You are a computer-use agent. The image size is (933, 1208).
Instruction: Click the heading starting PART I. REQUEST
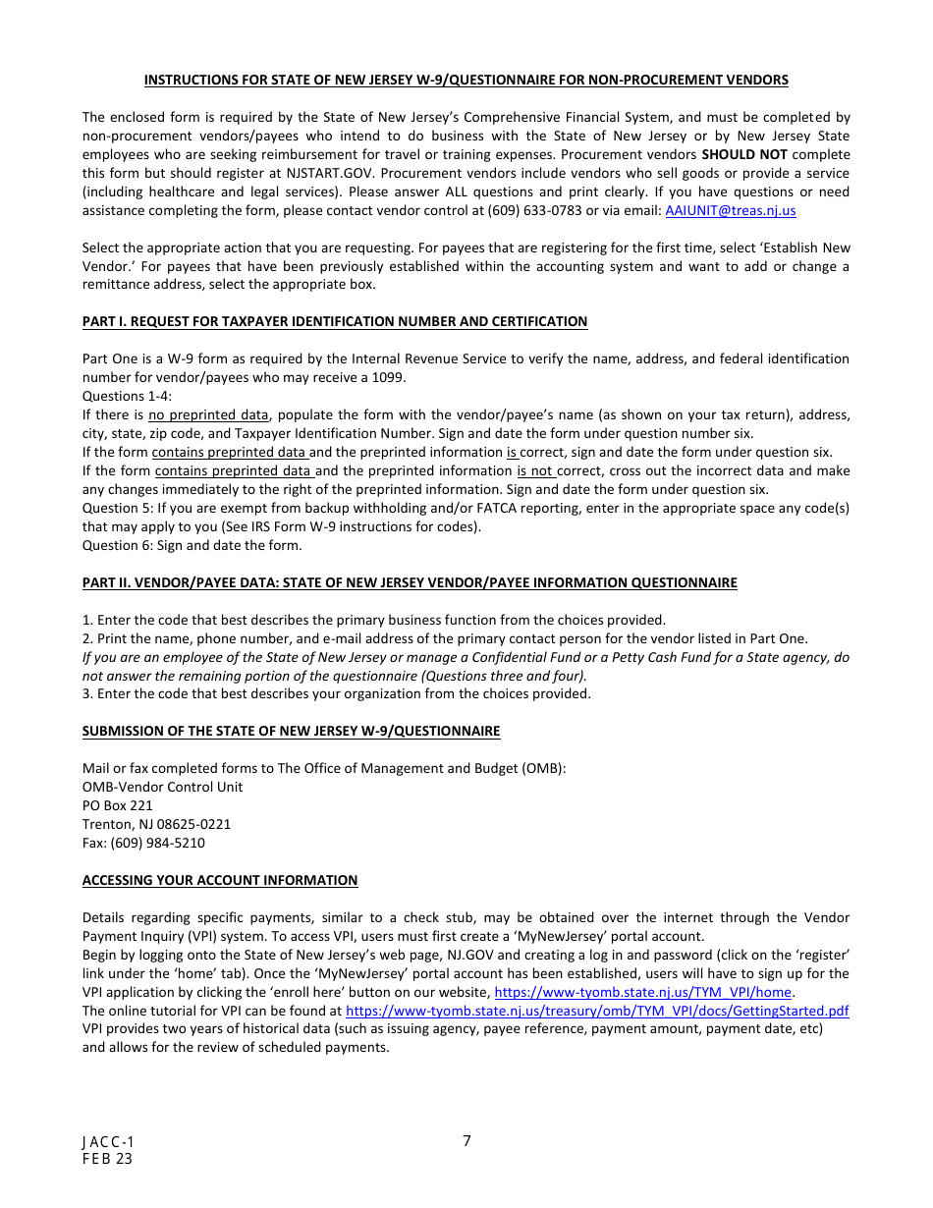pyautogui.click(x=335, y=321)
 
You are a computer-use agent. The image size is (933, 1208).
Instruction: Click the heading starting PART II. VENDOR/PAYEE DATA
pyautogui.click(x=410, y=582)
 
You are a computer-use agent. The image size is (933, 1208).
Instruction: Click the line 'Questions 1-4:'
pyautogui.click(x=127, y=396)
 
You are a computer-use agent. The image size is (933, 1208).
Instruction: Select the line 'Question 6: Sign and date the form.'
pyautogui.click(x=192, y=545)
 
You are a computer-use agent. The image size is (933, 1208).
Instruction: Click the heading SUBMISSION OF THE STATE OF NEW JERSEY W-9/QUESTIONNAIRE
pyautogui.click(x=291, y=731)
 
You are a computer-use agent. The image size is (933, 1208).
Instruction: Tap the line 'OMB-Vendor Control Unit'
pyautogui.click(x=162, y=787)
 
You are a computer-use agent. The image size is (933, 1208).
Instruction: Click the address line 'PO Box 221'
pyautogui.click(x=118, y=805)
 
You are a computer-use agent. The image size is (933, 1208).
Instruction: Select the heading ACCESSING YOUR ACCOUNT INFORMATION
pyautogui.click(x=220, y=880)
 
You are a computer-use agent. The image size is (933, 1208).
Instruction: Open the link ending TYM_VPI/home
pyautogui.click(x=642, y=992)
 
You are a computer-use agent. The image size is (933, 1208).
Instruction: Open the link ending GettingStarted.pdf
pyautogui.click(x=597, y=1011)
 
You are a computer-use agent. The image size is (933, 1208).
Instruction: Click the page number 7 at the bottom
pyautogui.click(x=466, y=1140)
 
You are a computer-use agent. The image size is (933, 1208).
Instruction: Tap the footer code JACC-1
pyautogui.click(x=108, y=1142)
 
